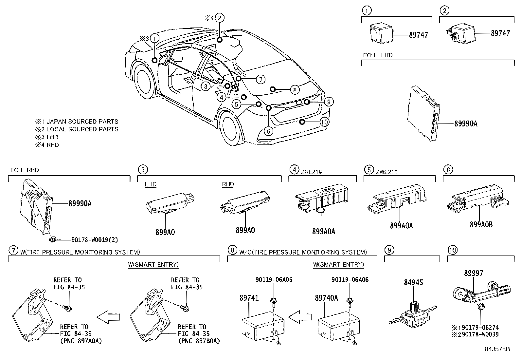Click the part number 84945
[413, 282]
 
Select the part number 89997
[473, 273]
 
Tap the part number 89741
[249, 298]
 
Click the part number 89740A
[326, 298]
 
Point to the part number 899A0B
[481, 225]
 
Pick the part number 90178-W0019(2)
[94, 240]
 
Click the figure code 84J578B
[497, 349]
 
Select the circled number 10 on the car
[324, 122]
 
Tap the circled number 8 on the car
[295, 89]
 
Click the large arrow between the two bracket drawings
[108, 317]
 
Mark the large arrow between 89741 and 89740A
[299, 317]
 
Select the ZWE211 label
[387, 171]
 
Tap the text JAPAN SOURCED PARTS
[82, 122]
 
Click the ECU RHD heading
[25, 170]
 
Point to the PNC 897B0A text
[199, 341]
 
